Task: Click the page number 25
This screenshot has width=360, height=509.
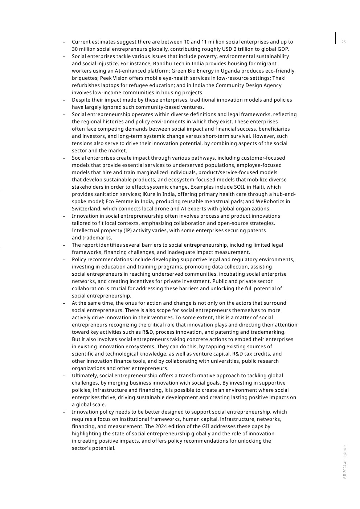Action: [344, 42]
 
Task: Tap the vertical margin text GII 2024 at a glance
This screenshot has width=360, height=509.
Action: [345, 462]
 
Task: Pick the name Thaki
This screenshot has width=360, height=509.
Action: [279, 78]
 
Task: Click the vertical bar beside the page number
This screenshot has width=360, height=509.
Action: [336, 38]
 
